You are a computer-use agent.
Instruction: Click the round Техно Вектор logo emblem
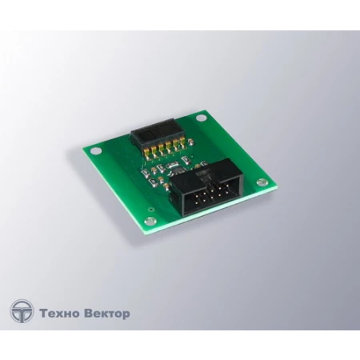22,311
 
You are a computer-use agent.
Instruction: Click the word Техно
59,313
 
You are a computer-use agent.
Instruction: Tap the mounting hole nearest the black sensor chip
201,118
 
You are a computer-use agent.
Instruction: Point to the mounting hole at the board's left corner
95,151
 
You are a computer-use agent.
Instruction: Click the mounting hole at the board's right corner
262,182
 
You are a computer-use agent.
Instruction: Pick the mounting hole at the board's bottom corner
150,221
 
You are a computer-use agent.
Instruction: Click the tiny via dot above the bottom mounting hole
151,210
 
